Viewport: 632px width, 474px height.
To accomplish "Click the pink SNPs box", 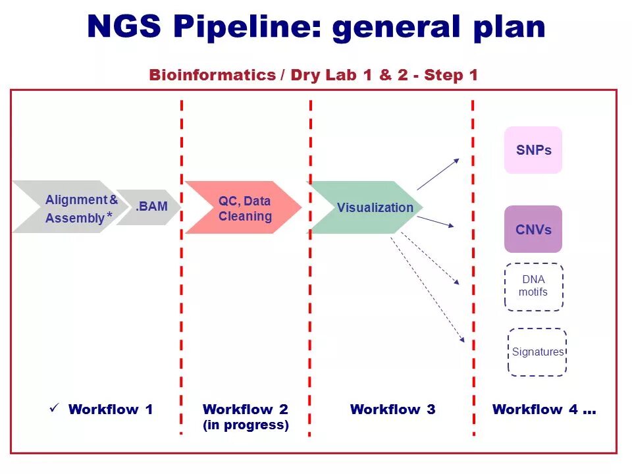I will (x=533, y=150).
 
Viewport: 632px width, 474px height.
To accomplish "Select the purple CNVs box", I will (x=533, y=229).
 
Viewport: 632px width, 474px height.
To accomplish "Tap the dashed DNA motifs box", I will (x=533, y=286).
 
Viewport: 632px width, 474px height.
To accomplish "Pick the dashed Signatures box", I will (x=537, y=352).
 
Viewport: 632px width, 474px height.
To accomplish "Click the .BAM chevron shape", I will (x=150, y=207).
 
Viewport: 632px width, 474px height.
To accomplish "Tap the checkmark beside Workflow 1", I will (x=55, y=408).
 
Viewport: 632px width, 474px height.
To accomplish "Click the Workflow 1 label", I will (x=111, y=409).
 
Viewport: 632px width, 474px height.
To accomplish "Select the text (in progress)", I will (x=246, y=425).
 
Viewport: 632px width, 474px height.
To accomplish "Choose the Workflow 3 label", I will (x=392, y=409).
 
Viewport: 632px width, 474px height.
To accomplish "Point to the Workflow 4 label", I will (x=544, y=409).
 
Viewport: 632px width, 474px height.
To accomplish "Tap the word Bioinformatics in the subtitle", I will (x=212, y=75).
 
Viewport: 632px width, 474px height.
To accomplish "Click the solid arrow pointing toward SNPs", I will (x=438, y=174).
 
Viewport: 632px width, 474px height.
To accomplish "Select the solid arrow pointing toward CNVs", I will (x=436, y=222).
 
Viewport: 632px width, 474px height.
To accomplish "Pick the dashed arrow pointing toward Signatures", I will (x=428, y=290).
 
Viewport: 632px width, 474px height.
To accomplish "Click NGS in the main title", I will (x=125, y=27).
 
